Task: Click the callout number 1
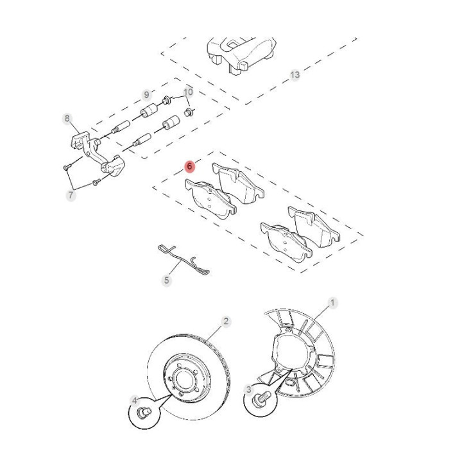[332, 303]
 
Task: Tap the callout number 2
[226, 321]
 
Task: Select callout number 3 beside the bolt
[249, 389]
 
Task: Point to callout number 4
[135, 400]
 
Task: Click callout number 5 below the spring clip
[167, 280]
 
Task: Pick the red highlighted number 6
[189, 166]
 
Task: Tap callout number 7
[71, 195]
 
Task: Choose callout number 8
[67, 119]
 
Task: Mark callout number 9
[146, 95]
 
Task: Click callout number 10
[188, 92]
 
